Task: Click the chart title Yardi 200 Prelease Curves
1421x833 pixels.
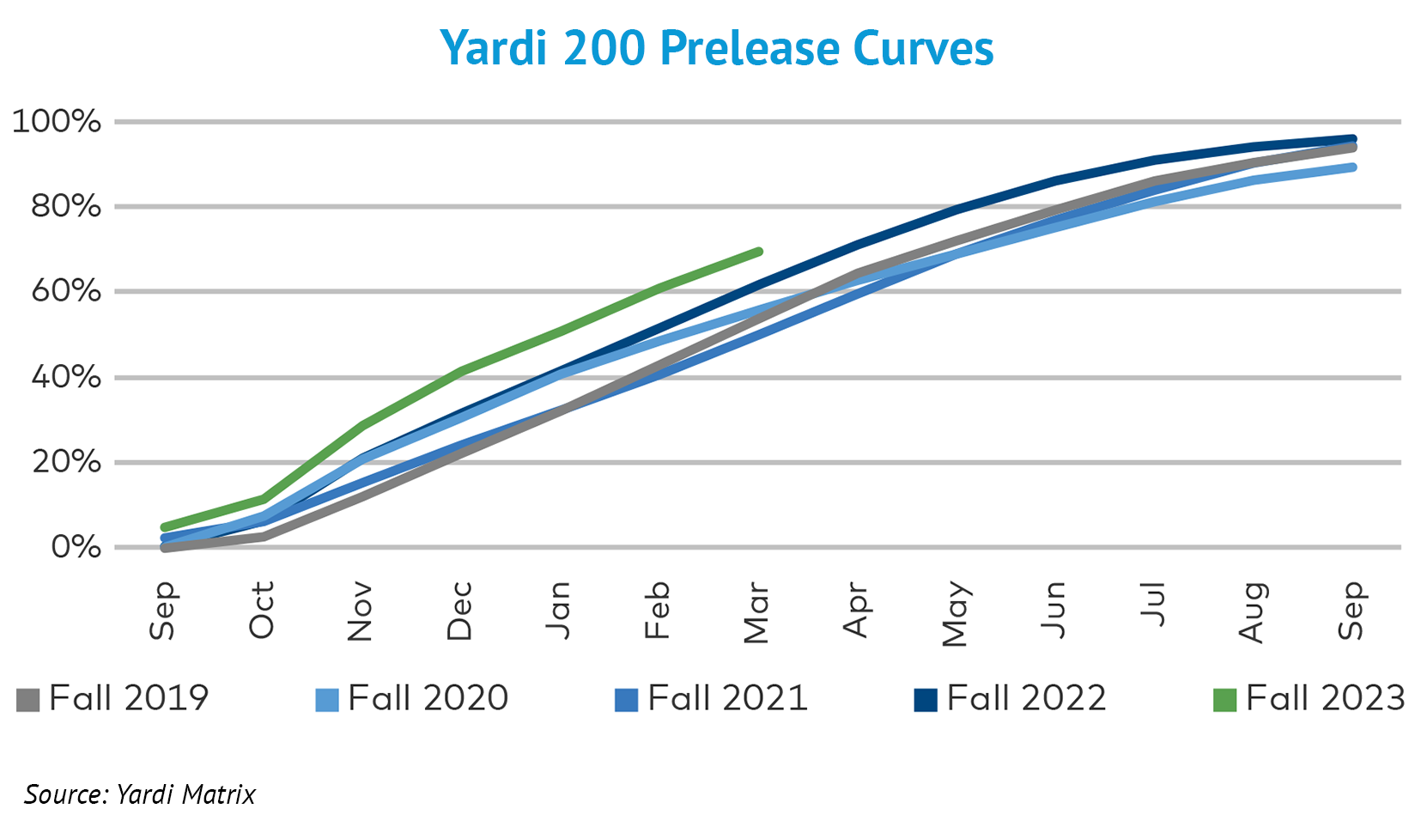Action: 717,48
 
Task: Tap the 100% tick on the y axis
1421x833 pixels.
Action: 57,121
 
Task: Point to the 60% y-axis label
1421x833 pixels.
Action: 65,291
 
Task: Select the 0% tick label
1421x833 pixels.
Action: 76,547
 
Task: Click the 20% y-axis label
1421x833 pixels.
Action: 65,462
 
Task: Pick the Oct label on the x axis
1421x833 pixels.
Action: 261,610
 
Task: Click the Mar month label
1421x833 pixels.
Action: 756,613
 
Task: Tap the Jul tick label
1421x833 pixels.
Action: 1153,605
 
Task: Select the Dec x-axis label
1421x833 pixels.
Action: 459,611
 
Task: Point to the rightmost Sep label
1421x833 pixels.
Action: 1351,611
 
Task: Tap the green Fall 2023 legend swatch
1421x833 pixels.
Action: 1224,700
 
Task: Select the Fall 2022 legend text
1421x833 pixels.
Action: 1026,698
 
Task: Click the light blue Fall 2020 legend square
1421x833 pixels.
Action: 327,700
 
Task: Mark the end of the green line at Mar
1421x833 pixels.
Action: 759,252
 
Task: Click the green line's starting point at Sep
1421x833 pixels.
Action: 164,527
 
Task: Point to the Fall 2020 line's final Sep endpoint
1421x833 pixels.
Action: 1353,167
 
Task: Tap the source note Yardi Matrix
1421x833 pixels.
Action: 140,794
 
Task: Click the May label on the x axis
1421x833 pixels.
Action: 955,613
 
